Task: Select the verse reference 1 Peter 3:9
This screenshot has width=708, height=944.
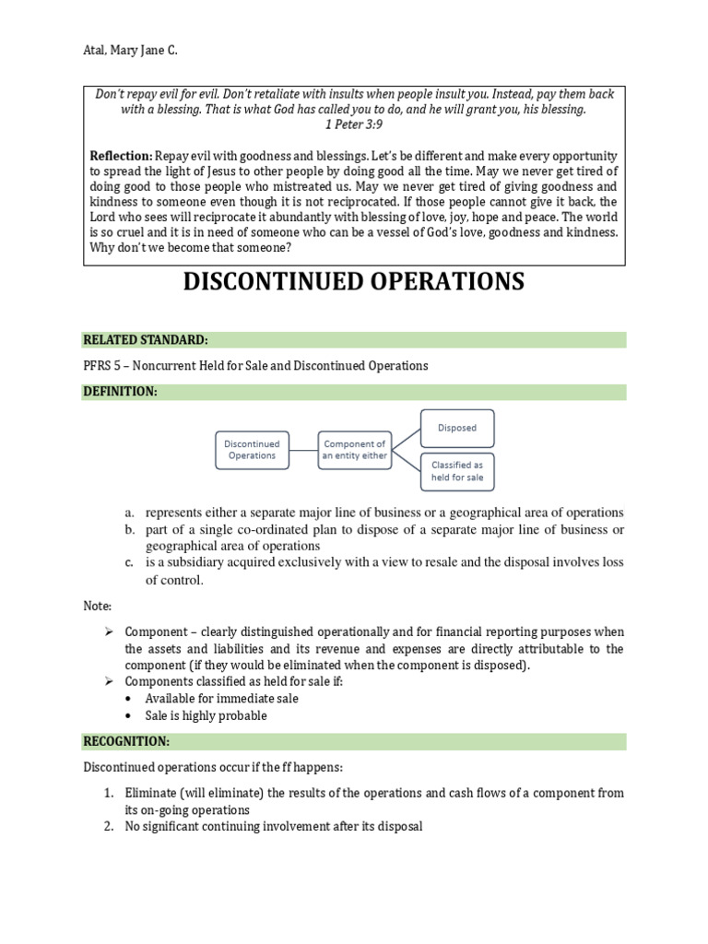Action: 354,125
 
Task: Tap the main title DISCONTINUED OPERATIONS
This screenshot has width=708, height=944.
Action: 354,281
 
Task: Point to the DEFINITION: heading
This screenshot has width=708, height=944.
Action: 120,392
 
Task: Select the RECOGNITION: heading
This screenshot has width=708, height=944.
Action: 126,742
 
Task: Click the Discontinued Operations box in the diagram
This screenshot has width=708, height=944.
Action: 252,449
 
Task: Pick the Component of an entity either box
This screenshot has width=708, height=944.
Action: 355,449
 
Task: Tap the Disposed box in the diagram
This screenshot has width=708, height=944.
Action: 456,428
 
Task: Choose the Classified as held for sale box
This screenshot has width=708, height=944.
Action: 456,471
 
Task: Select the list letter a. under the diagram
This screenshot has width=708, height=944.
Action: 132,513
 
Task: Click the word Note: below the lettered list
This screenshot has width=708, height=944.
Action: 97,607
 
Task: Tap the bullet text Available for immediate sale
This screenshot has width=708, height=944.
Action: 221,698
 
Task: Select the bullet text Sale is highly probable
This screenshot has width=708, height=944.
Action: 206,715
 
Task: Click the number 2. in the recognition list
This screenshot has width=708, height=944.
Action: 109,827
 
